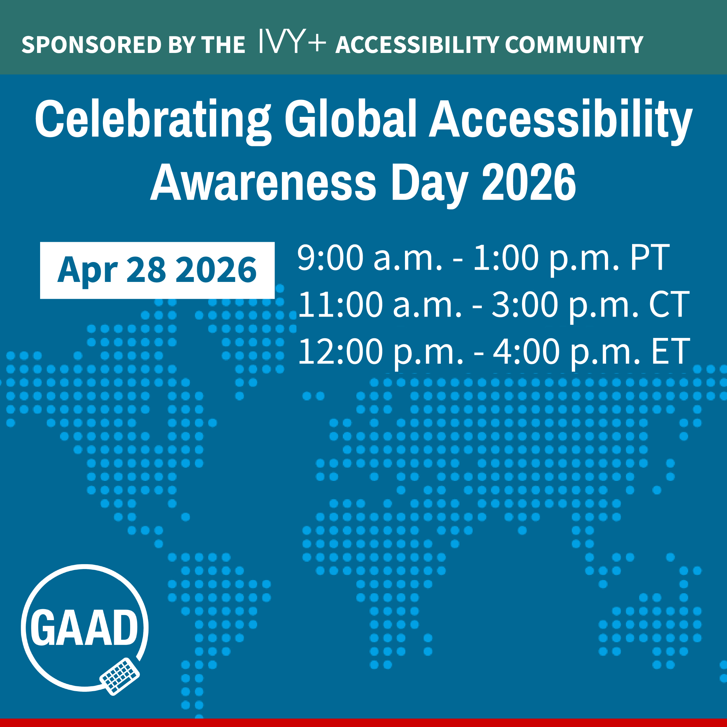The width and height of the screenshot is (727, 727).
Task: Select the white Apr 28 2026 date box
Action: [x=157, y=270]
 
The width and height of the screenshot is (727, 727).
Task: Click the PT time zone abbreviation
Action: [x=650, y=258]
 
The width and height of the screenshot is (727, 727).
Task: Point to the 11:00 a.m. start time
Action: [x=379, y=305]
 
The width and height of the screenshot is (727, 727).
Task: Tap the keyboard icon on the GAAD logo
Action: [x=119, y=676]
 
